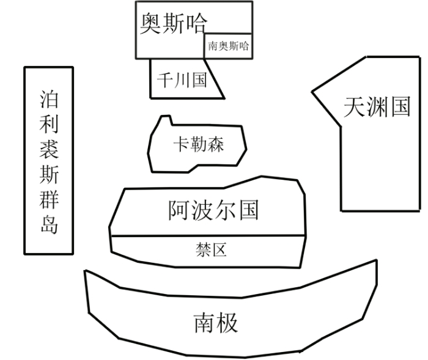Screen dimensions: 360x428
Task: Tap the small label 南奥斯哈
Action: click(229, 46)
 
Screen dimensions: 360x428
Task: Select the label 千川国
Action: click(182, 80)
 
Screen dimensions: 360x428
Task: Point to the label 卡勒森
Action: click(199, 144)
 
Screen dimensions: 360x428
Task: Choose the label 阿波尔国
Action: click(213, 210)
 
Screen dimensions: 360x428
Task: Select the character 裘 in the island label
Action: click(49, 149)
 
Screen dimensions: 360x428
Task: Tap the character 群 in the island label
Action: click(49, 200)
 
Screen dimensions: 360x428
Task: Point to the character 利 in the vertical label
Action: click(49, 123)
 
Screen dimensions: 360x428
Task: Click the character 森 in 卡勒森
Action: click(215, 144)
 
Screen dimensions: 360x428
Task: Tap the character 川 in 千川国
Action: click(182, 80)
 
